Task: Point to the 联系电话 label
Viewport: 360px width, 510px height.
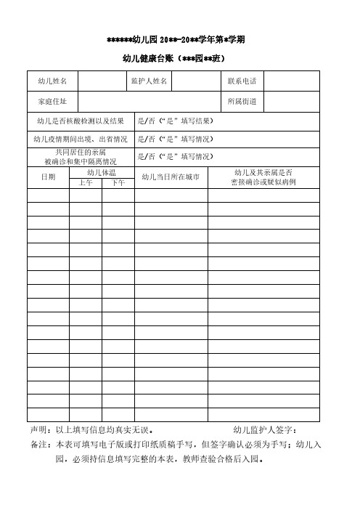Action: (x=242, y=81)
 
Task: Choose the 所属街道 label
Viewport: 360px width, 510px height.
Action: (x=242, y=101)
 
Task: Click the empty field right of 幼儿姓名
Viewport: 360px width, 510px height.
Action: (x=102, y=81)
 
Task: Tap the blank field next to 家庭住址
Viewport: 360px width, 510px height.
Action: (x=149, y=101)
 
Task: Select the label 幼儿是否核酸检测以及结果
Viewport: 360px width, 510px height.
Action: (x=81, y=120)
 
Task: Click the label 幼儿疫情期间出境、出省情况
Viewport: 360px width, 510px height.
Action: (x=81, y=138)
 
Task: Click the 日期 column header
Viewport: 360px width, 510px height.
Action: (x=48, y=177)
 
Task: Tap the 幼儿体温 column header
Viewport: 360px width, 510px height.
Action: (x=102, y=173)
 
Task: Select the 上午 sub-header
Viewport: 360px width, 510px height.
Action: (x=86, y=183)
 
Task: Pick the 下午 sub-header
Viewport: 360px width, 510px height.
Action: (x=118, y=183)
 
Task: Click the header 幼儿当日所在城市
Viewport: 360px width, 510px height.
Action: (x=171, y=177)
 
